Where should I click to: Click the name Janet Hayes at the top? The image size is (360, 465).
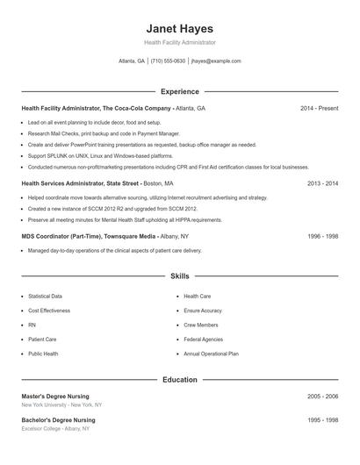point(180,28)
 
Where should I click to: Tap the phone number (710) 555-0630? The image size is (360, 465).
point(168,61)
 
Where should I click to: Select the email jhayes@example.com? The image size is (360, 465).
point(216,61)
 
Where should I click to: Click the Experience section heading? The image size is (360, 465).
point(180,91)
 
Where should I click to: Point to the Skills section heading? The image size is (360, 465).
point(180,276)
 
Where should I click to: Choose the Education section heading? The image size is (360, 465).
point(180,380)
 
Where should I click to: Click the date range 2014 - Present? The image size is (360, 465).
point(319,108)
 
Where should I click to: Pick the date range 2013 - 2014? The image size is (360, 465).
point(322,183)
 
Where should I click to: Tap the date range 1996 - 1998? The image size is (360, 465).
point(322,236)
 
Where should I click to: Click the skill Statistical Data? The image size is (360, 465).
point(45,297)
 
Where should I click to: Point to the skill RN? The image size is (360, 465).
point(32,325)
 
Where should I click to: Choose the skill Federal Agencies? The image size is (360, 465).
point(203,339)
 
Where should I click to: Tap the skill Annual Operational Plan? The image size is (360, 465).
point(211,354)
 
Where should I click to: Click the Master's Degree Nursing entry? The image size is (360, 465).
point(55,397)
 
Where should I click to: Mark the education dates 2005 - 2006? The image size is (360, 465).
point(322,397)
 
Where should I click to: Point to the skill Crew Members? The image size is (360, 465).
point(201,325)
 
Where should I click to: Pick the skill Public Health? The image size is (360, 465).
point(43,354)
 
